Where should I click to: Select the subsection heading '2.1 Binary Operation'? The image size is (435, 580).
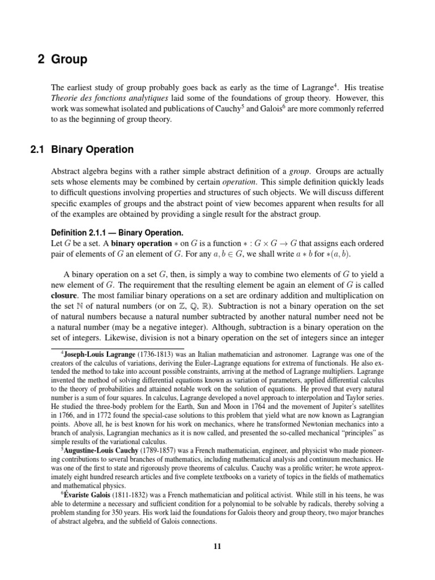(82, 150)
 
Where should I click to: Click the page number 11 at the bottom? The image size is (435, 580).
(217, 546)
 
